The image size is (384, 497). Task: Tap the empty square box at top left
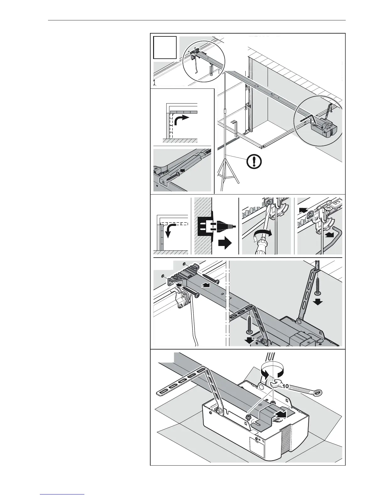coord(165,47)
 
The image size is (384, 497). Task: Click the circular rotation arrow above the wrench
coord(273,372)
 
